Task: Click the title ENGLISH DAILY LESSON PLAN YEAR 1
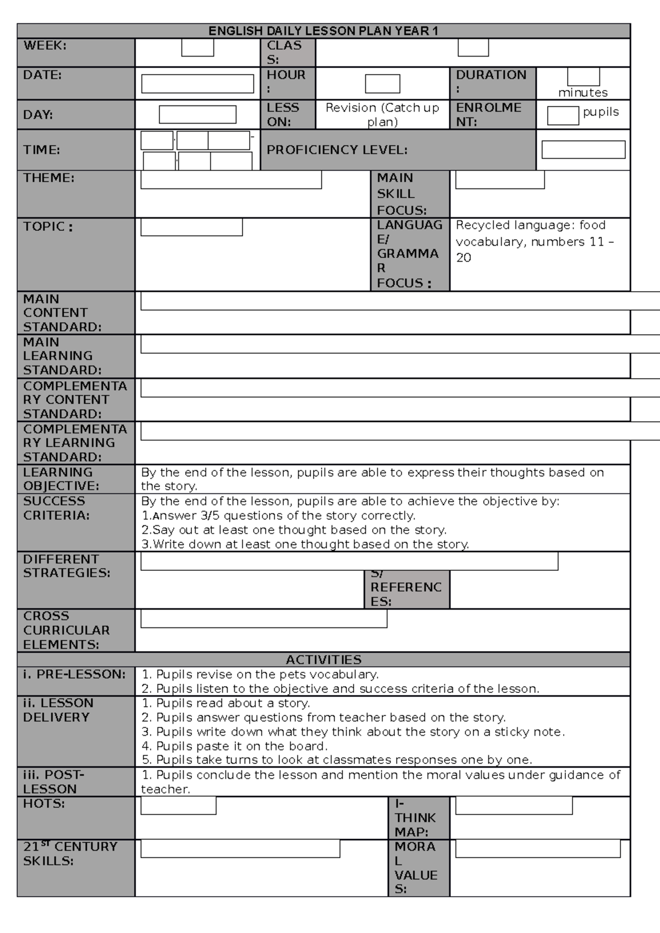point(323,31)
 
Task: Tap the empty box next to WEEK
point(197,48)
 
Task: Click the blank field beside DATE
point(197,84)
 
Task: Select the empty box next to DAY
point(197,114)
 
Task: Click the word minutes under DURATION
point(583,92)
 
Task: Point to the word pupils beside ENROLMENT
point(601,112)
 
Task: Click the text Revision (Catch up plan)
point(382,114)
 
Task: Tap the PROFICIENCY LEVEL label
point(337,149)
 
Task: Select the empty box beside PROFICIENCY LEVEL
point(583,149)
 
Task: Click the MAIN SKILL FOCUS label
point(402,193)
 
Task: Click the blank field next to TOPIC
point(191,227)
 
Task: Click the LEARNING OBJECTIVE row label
point(61,479)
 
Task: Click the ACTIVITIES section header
point(323,659)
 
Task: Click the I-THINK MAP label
point(415,818)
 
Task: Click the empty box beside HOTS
point(178,806)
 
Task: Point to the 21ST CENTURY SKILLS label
point(70,853)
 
